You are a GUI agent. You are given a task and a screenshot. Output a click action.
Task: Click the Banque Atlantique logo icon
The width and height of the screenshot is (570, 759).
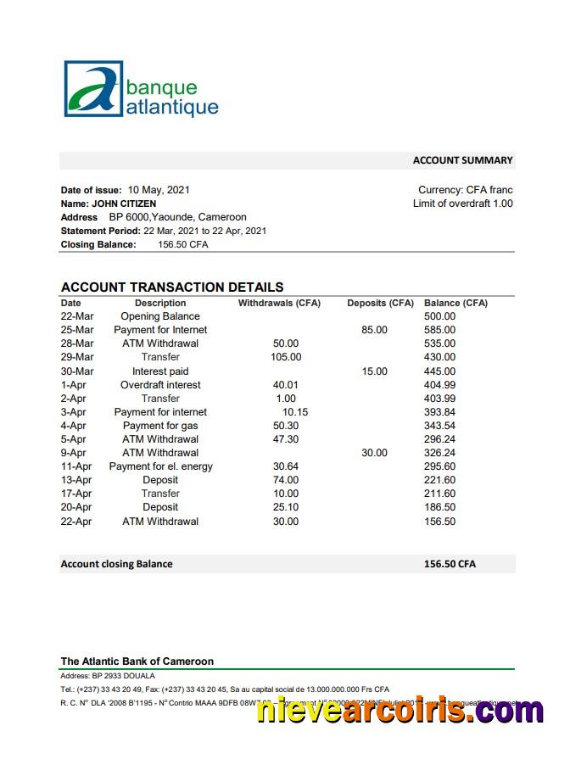(93, 88)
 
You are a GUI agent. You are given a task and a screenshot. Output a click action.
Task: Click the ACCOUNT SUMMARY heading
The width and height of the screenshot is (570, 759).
(462, 160)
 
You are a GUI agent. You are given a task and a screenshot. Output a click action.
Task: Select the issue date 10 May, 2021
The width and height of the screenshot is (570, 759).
(159, 190)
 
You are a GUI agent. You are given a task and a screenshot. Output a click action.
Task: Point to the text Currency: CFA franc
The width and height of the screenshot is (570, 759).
(465, 190)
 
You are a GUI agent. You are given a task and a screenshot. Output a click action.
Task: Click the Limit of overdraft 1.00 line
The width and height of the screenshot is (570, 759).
(462, 204)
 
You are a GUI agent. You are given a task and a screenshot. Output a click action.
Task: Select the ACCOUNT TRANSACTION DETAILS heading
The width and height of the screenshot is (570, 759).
(172, 287)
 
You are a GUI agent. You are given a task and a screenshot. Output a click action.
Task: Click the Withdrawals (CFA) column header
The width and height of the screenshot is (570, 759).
(279, 303)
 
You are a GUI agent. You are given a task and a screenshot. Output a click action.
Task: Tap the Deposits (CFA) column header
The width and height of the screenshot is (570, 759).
(380, 303)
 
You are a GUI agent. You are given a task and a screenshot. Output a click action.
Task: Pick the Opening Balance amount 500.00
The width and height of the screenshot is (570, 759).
(439, 316)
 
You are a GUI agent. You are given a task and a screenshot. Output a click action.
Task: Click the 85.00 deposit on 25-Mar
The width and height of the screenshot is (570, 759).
(374, 330)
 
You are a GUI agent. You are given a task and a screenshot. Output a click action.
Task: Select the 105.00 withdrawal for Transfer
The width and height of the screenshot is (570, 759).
(286, 357)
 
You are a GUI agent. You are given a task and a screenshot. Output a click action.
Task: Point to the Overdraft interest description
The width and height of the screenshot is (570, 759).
(160, 385)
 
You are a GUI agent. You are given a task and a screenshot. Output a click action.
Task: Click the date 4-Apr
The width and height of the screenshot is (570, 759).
(74, 426)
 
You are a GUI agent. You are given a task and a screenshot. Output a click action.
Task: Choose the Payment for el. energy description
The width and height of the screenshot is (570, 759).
(160, 466)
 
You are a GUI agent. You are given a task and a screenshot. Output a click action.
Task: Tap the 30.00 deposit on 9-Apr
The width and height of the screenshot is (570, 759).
(374, 453)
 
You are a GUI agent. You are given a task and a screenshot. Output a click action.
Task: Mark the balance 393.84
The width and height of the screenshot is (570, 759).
(439, 412)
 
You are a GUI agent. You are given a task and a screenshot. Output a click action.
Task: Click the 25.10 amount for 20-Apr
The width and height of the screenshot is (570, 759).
(286, 507)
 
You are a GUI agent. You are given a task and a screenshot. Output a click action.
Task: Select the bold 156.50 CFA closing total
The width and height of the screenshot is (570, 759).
(450, 564)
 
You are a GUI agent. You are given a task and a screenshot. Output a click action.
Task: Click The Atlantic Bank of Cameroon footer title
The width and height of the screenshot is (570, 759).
(137, 661)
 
